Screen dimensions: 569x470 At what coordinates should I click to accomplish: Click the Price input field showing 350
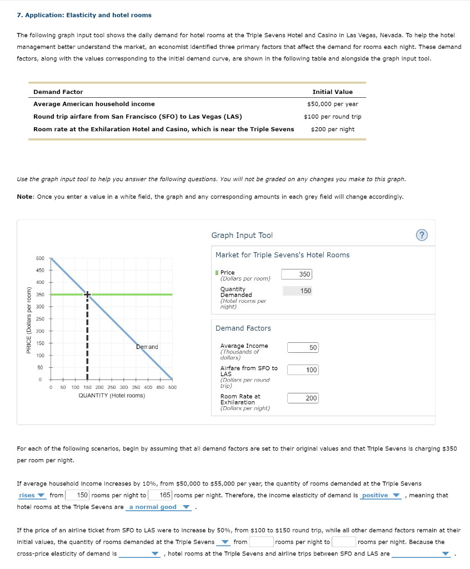pyautogui.click(x=297, y=274)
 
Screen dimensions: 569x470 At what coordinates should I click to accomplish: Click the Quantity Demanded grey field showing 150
pyautogui.click(x=297, y=291)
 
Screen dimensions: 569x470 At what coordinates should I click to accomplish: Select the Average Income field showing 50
pyautogui.click(x=303, y=347)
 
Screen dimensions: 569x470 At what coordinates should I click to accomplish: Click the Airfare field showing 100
pyautogui.click(x=303, y=370)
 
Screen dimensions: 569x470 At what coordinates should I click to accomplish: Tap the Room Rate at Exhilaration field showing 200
pyautogui.click(x=303, y=398)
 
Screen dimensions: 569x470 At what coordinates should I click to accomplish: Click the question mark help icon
pyautogui.click(x=422, y=235)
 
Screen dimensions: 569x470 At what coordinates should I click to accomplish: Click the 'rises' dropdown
pyautogui.click(x=32, y=495)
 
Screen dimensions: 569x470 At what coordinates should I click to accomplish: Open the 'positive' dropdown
pyautogui.click(x=380, y=495)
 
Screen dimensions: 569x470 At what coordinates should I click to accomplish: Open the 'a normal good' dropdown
pyautogui.click(x=158, y=507)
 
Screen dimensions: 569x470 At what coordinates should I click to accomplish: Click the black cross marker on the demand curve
pyautogui.click(x=87, y=294)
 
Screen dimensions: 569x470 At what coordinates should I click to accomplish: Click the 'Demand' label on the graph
pyautogui.click(x=147, y=347)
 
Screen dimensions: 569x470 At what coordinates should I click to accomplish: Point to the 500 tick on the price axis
pyautogui.click(x=40, y=258)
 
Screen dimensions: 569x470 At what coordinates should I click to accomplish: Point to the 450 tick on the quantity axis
pyautogui.click(x=159, y=387)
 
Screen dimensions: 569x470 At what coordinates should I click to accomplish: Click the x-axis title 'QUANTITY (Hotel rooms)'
pyautogui.click(x=112, y=396)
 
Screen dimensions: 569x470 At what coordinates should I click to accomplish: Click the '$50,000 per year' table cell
pyautogui.click(x=332, y=104)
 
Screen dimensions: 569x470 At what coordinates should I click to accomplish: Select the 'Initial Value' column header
pyautogui.click(x=332, y=92)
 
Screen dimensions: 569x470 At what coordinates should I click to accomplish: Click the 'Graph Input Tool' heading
pyautogui.click(x=242, y=236)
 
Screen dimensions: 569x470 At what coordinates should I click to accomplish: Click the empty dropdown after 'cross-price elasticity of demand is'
pyautogui.click(x=139, y=553)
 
